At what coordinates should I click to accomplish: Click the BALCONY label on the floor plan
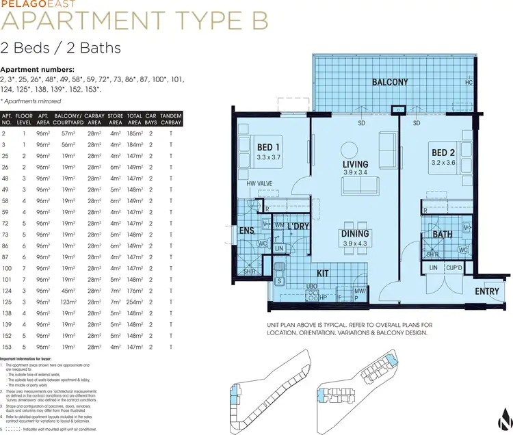coord(390,83)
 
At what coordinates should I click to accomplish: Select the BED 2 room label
coord(443,153)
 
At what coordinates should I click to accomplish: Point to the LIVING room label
coord(356,164)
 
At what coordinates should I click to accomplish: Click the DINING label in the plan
coord(355,234)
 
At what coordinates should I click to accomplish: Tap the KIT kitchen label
coord(322,273)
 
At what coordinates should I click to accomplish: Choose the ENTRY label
coord(487,291)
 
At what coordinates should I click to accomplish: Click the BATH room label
coord(442,235)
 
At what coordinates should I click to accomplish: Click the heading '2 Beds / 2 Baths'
coord(61,48)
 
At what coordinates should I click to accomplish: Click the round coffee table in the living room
coord(350,150)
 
